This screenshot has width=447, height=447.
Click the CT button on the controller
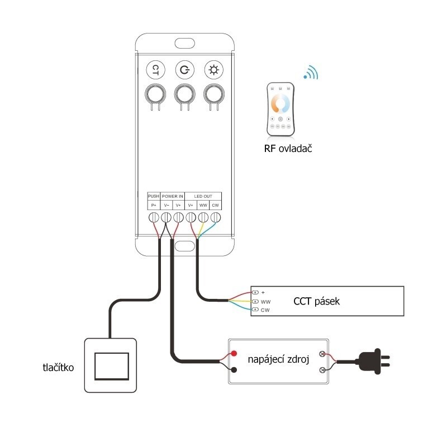(156, 70)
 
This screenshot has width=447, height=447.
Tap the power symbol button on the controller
(184, 70)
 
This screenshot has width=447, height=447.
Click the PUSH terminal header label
(154, 197)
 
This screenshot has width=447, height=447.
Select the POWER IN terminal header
(173, 197)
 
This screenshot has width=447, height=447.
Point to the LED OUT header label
(203, 197)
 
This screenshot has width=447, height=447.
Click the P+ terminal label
(154, 206)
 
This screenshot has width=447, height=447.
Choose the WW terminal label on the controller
(203, 206)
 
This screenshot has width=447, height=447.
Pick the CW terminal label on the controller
(215, 206)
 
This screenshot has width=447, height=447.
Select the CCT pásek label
(316, 302)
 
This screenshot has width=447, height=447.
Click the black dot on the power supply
(233, 370)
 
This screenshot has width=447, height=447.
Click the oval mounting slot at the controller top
(183, 43)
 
